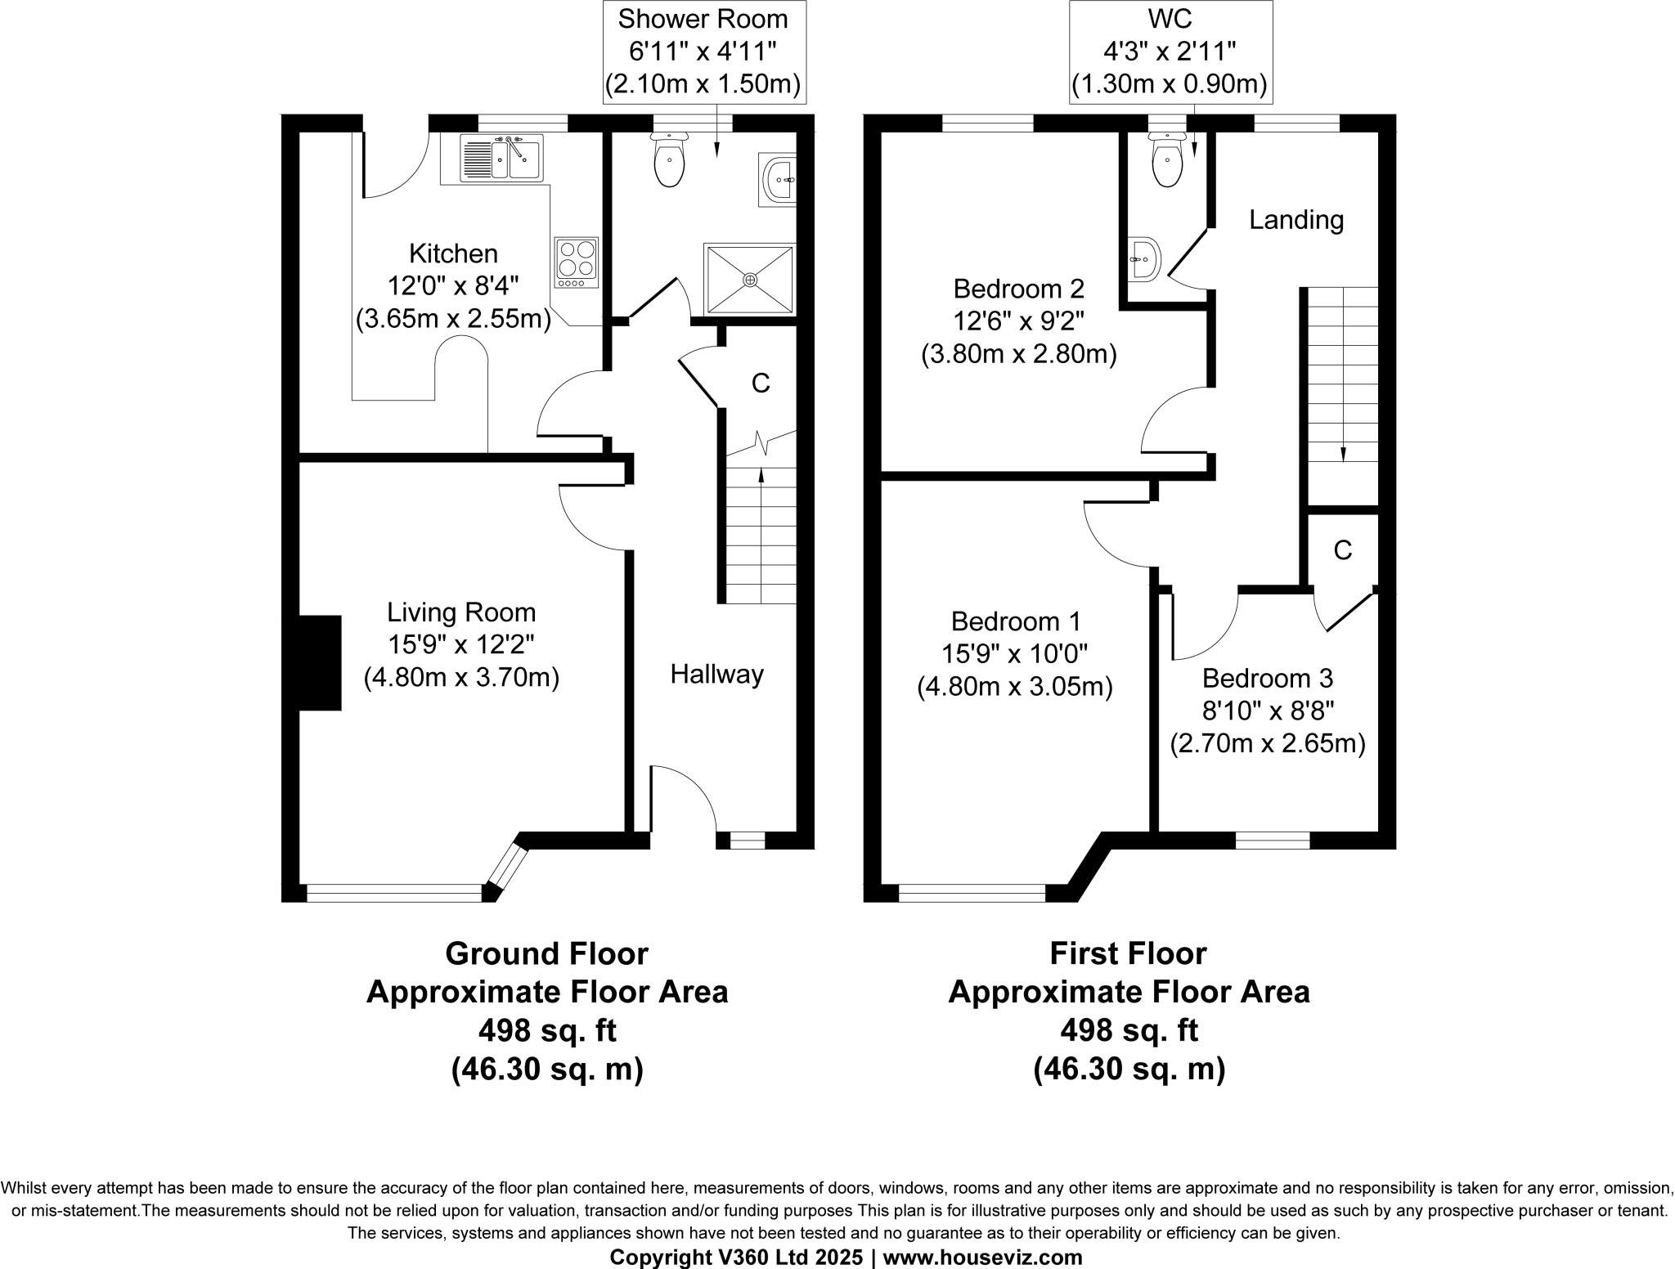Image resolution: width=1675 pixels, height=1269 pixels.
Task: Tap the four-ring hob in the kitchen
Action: pos(577,262)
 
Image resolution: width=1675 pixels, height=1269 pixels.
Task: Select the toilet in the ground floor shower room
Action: pos(670,164)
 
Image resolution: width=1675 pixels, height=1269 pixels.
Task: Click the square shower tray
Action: pos(750,279)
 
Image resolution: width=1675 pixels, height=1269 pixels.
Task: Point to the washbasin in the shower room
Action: pos(778,179)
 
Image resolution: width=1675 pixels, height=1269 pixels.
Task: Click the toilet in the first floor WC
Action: pos(1167,164)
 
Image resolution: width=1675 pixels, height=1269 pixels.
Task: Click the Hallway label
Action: pos(716,674)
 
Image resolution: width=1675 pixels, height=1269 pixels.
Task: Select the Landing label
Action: pos(1296,219)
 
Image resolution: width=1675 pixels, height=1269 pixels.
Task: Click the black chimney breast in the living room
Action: pos(321,662)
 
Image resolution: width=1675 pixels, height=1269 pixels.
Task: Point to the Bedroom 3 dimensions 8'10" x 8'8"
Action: pos(1267,711)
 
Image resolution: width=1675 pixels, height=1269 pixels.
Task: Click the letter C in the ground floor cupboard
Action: pos(761,383)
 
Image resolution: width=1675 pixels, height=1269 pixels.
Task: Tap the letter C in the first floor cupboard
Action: pos(1342,551)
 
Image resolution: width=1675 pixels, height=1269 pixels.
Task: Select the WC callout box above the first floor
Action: pos(1170,52)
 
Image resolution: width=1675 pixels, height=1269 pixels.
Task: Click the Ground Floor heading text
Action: pos(546,953)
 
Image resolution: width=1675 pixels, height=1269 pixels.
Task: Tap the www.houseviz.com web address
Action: pos(982,1257)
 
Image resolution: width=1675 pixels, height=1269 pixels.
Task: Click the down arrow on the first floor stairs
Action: pos(1343,454)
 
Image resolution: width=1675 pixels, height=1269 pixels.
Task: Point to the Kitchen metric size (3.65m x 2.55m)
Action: pos(453,318)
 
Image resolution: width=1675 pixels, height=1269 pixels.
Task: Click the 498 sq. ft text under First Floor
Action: pos(1129,1030)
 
